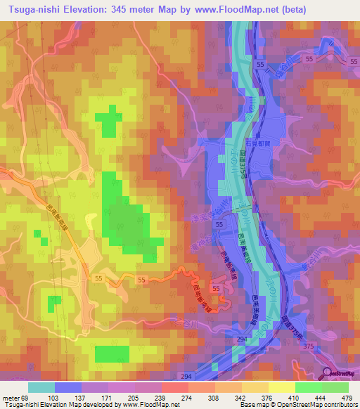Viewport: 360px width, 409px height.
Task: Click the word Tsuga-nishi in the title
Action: [x=33, y=9]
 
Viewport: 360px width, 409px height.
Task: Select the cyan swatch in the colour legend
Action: [x=41, y=387]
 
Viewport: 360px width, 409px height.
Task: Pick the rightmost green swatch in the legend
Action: [x=335, y=387]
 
